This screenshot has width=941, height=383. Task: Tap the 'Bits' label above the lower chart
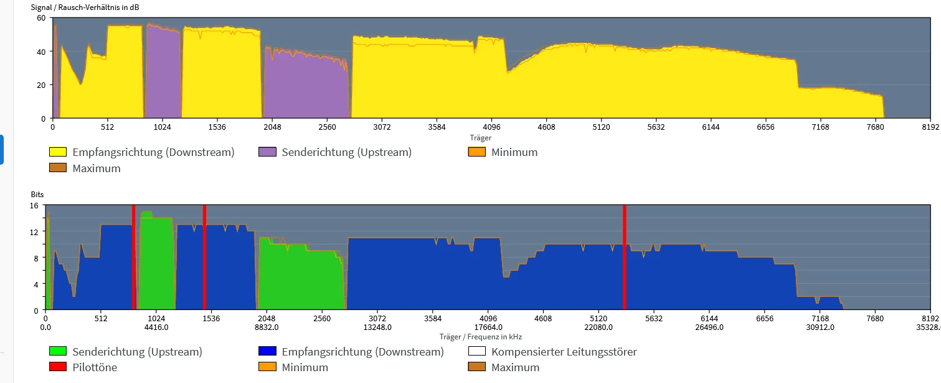click(x=38, y=195)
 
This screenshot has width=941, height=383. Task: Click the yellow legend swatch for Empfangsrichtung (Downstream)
click(x=58, y=152)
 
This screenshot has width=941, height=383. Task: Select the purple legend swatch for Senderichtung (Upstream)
click(x=267, y=152)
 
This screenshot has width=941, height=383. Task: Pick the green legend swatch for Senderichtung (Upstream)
click(x=58, y=352)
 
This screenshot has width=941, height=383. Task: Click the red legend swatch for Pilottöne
click(x=58, y=367)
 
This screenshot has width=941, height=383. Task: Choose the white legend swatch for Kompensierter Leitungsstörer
click(x=476, y=352)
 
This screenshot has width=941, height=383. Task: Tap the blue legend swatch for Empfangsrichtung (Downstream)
click(x=267, y=352)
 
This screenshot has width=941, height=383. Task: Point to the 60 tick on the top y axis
click(x=41, y=17)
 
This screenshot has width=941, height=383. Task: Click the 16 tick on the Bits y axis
click(x=34, y=205)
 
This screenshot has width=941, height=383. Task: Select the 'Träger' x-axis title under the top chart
click(x=481, y=137)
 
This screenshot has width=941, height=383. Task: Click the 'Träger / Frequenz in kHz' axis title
click(x=481, y=337)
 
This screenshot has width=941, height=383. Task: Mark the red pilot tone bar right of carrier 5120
click(x=624, y=257)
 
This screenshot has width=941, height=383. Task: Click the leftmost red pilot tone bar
click(x=133, y=257)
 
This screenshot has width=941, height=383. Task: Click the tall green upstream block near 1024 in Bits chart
click(x=156, y=262)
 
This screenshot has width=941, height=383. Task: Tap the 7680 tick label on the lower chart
click(x=875, y=318)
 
